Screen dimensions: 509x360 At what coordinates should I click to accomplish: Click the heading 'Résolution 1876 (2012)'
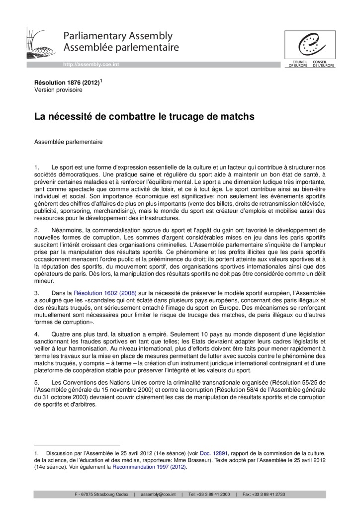click(67, 83)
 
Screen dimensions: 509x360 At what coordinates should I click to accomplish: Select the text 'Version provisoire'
click(58, 90)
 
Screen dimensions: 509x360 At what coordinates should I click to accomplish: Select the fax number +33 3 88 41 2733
click(271, 495)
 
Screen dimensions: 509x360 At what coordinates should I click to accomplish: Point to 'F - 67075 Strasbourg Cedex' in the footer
click(101, 495)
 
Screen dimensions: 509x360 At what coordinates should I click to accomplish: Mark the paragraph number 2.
click(36, 230)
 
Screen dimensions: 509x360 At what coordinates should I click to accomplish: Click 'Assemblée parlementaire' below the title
click(68, 142)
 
